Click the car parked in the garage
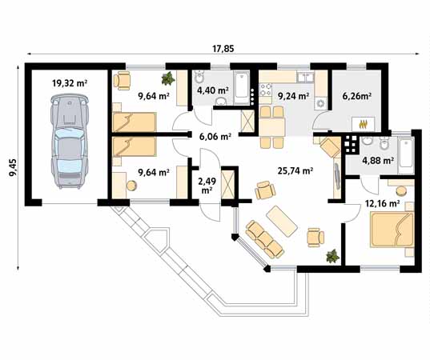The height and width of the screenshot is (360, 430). (x=70, y=142)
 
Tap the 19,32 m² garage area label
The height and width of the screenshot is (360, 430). (x=70, y=82)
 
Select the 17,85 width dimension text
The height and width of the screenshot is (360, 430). (x=223, y=49)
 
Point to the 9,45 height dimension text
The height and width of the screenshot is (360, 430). (x=13, y=168)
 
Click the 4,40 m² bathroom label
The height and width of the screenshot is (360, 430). (x=213, y=90)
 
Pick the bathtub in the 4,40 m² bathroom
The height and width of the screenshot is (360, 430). (x=242, y=88)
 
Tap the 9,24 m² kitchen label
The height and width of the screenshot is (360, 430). (x=294, y=96)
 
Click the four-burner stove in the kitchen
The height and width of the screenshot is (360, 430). (x=266, y=90)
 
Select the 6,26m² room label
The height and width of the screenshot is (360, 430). (x=357, y=96)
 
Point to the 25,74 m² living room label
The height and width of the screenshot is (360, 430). (x=295, y=171)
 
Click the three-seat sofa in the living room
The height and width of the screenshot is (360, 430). (x=264, y=239)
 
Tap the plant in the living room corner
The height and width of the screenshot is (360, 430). (x=332, y=256)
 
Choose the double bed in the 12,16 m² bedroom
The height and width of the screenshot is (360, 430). (x=392, y=229)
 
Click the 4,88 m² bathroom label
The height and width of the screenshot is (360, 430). (x=378, y=161)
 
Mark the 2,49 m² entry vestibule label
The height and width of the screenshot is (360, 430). (x=207, y=186)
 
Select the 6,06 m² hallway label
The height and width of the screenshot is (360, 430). (x=215, y=136)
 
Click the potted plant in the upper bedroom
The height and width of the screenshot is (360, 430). (x=168, y=78)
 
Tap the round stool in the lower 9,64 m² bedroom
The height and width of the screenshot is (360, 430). (x=131, y=186)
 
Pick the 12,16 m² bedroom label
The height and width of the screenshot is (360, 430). (x=382, y=203)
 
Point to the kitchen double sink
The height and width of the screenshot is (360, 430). (x=306, y=77)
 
